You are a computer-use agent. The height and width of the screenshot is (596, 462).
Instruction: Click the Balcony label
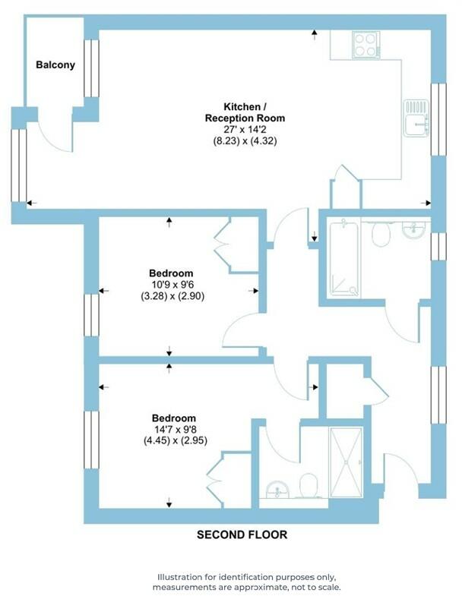click(x=55, y=65)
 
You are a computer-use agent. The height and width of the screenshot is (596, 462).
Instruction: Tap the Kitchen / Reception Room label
click(x=245, y=112)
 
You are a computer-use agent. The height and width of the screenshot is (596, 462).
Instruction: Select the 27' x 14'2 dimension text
click(x=245, y=129)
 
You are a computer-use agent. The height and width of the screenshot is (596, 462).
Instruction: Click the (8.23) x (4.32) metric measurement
click(x=245, y=140)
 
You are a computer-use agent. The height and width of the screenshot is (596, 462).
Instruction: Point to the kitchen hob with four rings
click(x=366, y=44)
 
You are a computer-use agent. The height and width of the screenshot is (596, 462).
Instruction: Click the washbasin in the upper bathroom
click(x=414, y=229)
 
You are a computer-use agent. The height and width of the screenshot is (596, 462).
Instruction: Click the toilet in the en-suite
click(x=309, y=485)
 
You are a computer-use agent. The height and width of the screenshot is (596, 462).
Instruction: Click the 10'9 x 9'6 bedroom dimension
click(x=171, y=285)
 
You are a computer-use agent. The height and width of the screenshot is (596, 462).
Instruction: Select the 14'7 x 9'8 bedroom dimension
click(x=174, y=429)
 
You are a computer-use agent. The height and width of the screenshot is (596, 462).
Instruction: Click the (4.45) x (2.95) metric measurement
click(x=174, y=440)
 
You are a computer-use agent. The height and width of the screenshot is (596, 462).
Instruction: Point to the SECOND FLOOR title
click(x=242, y=535)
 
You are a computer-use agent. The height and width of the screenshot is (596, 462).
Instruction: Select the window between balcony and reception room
click(x=91, y=68)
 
